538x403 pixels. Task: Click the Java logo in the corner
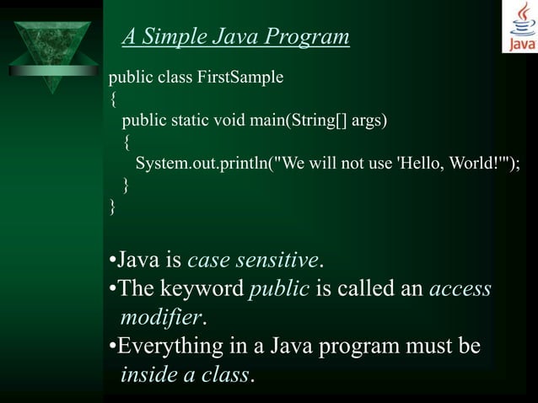pyautogui.click(x=519, y=27)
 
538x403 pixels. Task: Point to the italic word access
pyautogui.click(x=460, y=289)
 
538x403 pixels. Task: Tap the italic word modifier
pyautogui.click(x=161, y=318)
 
